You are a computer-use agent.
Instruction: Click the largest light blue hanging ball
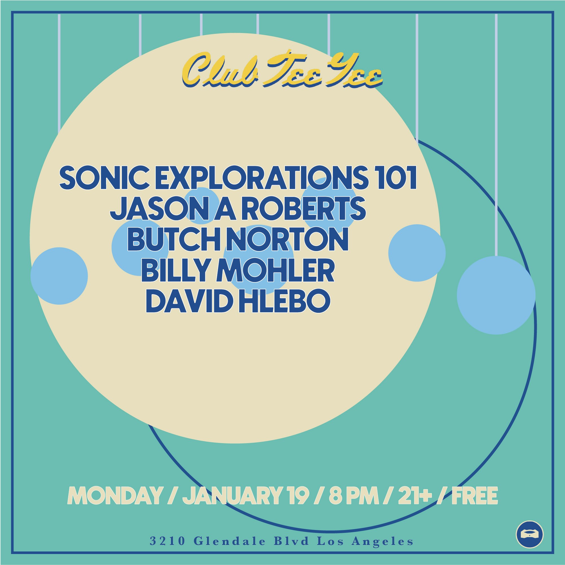(x=496, y=295)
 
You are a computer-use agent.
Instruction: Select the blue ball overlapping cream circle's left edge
(x=59, y=276)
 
